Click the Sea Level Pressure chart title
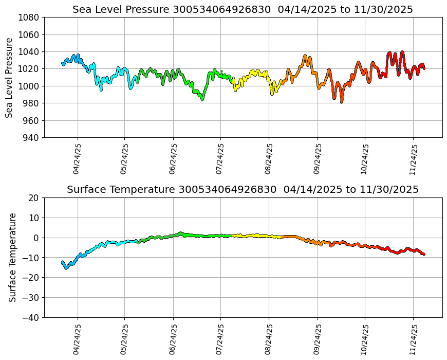coord(243,10)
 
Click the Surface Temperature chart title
coord(243,190)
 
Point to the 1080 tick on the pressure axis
coord(30,17)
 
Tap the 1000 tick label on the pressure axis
coord(30,86)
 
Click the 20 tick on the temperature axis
coord(34,198)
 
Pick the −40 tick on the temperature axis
coord(32,318)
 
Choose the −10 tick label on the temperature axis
coord(32,258)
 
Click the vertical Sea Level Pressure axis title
coord(10,78)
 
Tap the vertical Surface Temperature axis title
coord(13,257)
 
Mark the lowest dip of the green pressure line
coord(202,99)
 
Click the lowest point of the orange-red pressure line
coord(341,102)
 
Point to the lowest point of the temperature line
coord(66,268)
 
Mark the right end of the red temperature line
coord(424,254)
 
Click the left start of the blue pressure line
coord(63,63)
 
